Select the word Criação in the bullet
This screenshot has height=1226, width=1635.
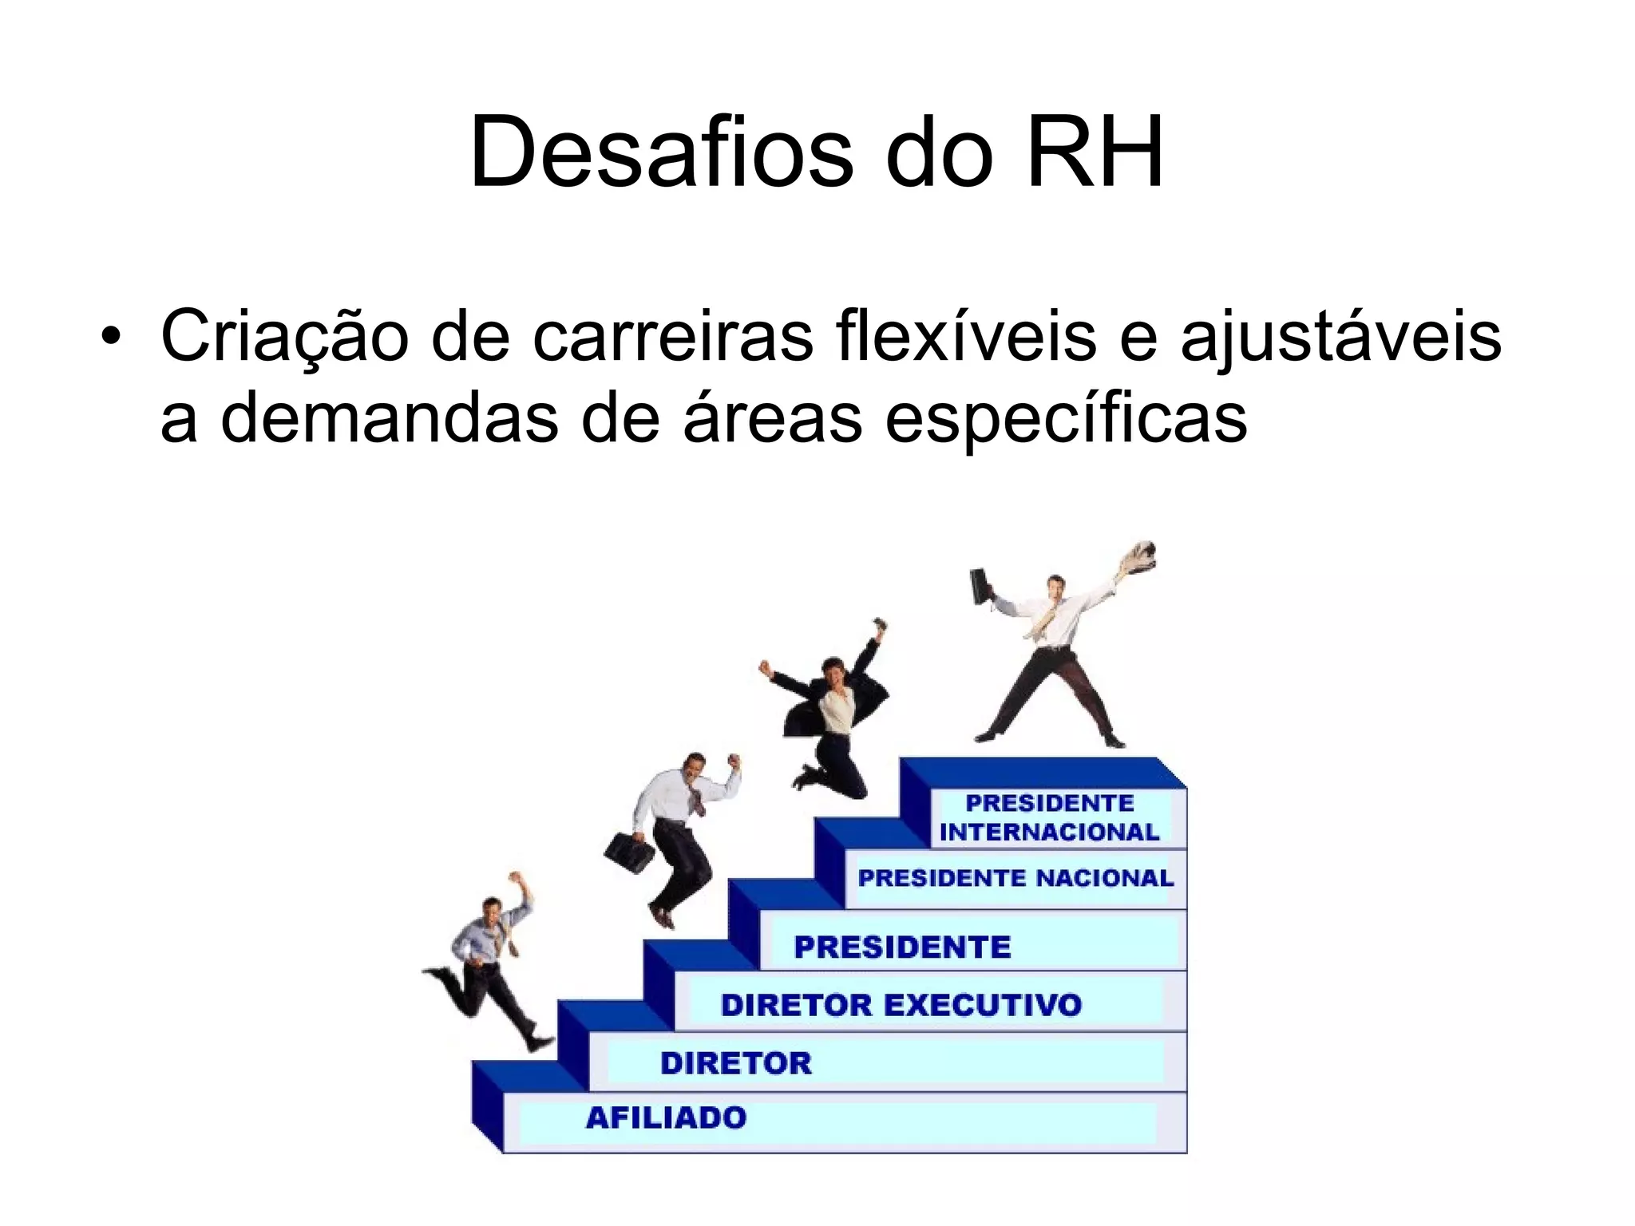click(x=284, y=336)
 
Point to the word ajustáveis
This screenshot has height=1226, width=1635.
click(x=1340, y=336)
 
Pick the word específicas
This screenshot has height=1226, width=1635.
click(x=1066, y=418)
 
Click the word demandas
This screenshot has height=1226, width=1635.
click(x=389, y=418)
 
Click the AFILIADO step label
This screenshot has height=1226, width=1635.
click(x=666, y=1118)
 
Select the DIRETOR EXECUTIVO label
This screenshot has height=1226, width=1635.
click(x=901, y=1005)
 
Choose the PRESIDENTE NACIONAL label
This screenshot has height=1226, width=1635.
click(x=1015, y=879)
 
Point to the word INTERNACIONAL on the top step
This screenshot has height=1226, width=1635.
click(x=1049, y=832)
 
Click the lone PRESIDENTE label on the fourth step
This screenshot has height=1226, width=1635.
click(x=902, y=947)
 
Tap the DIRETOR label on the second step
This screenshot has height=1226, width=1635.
click(x=735, y=1063)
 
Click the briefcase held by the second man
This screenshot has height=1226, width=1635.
click(x=629, y=852)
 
